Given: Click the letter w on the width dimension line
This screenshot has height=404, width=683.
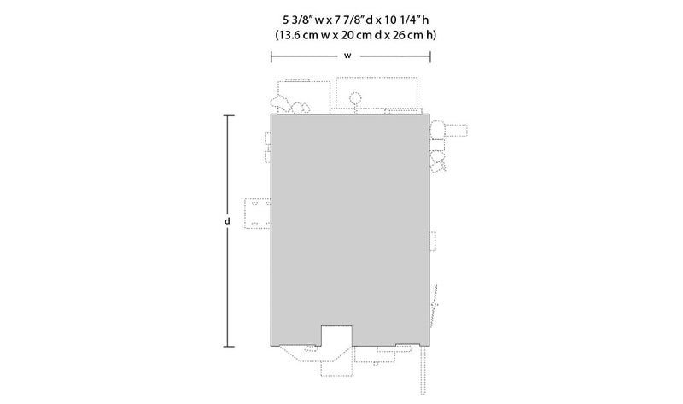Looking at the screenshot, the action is [347, 56].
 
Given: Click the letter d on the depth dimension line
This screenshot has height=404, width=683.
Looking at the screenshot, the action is [227, 221].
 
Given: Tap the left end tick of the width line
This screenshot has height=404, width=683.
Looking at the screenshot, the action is [271, 56].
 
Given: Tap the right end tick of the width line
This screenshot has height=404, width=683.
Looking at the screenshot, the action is [430, 56].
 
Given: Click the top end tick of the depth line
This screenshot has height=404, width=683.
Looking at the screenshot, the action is [229, 116].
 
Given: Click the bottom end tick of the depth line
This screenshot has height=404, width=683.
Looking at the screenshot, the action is [229, 347].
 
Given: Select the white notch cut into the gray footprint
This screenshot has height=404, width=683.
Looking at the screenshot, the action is [336, 336].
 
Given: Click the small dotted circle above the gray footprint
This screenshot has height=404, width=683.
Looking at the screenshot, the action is [356, 97].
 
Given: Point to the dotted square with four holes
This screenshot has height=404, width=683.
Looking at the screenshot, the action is [258, 214].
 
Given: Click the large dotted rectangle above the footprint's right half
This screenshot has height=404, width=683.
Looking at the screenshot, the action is [377, 93].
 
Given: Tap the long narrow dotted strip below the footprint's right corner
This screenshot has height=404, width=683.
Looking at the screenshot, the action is [423, 370].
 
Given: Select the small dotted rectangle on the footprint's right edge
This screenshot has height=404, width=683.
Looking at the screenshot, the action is [433, 241].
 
